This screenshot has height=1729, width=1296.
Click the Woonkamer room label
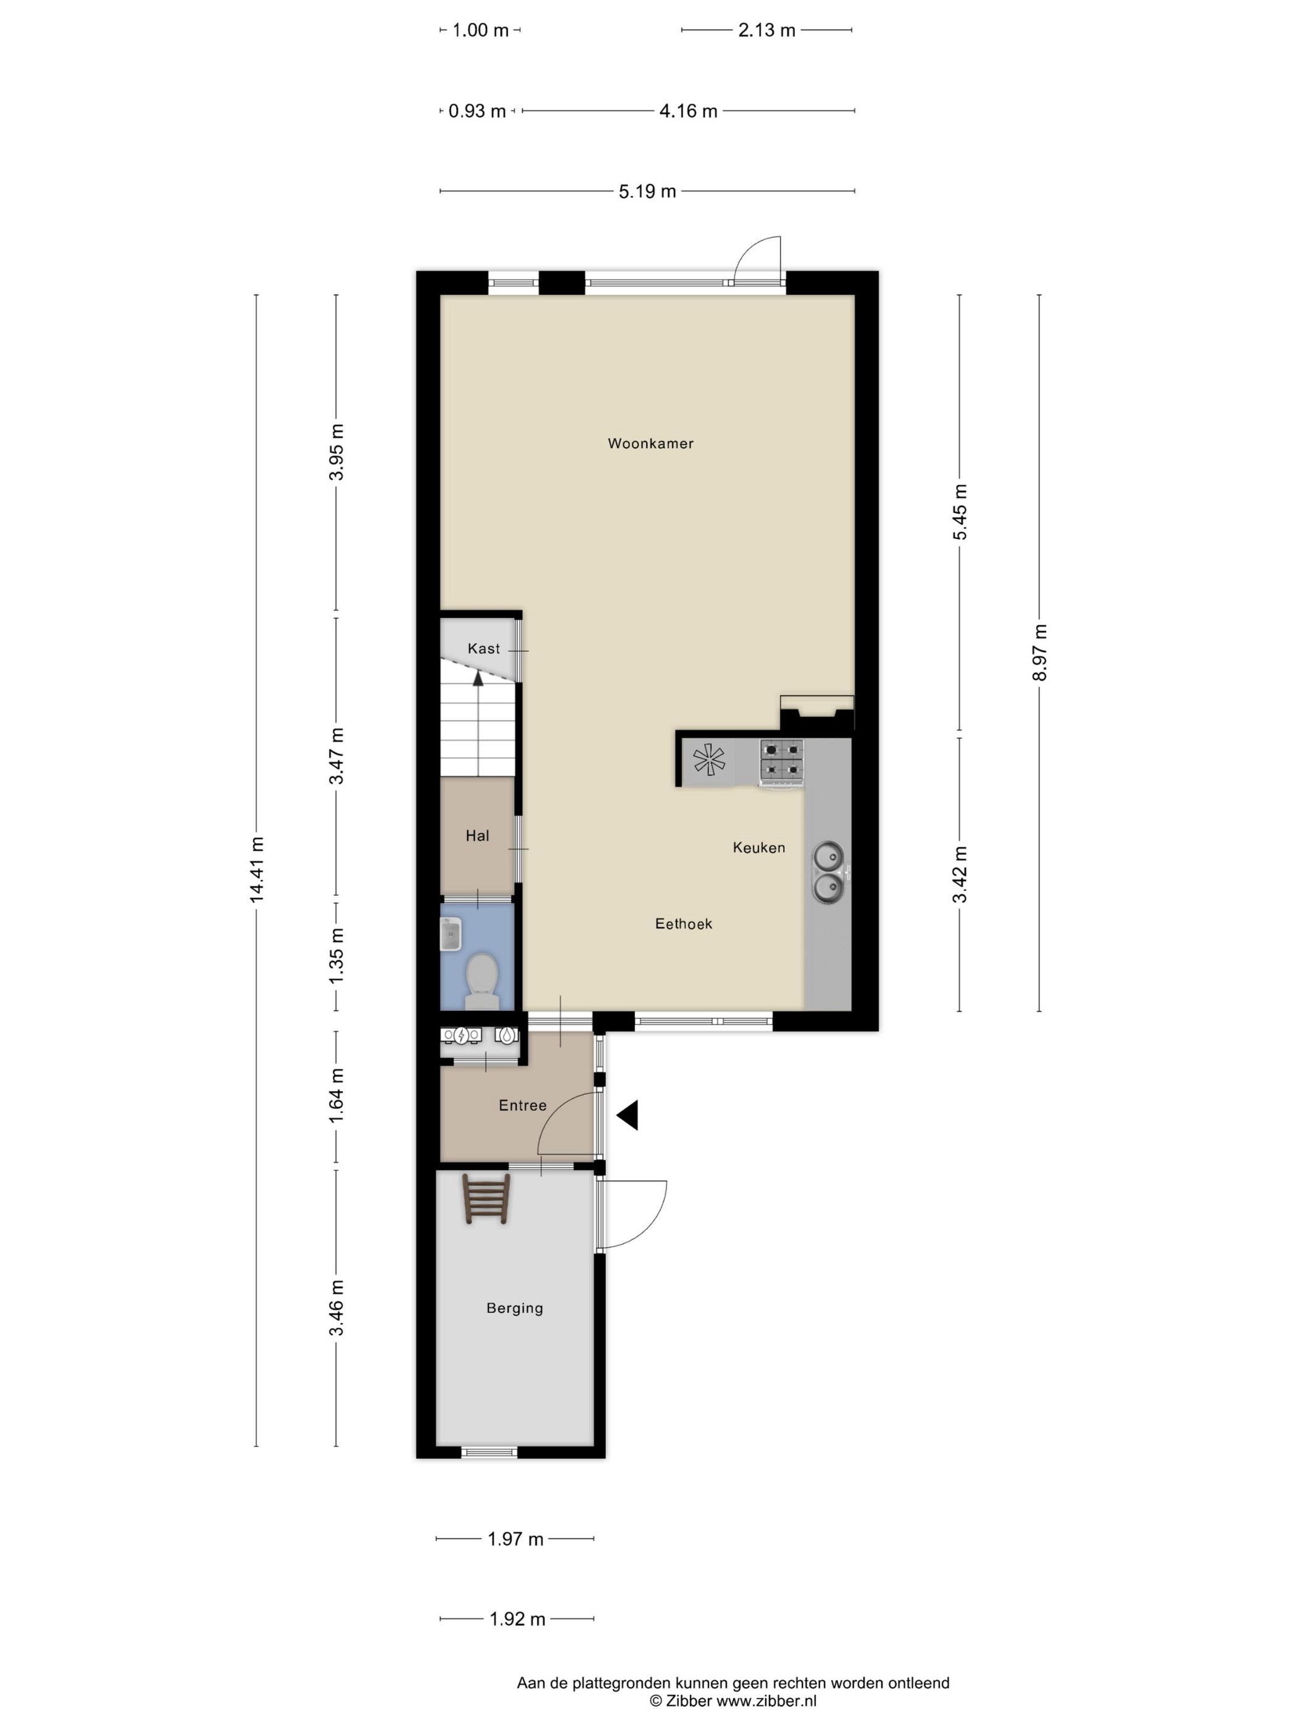(x=650, y=443)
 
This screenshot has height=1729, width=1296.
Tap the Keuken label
(x=758, y=847)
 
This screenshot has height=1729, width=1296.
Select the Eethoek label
(x=684, y=924)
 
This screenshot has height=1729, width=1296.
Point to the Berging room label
(x=514, y=1308)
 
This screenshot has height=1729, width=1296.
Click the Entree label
(x=523, y=1105)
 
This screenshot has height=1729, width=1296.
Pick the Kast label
(x=484, y=648)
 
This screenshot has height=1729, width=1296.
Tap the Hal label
(x=477, y=835)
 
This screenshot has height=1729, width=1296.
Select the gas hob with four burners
(x=782, y=761)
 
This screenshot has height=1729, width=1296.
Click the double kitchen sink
(x=829, y=873)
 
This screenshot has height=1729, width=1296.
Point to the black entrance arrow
(x=627, y=1115)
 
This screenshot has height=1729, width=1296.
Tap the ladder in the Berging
(x=486, y=1199)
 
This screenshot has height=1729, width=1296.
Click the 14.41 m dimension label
(x=257, y=870)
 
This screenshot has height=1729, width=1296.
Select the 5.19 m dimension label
(x=647, y=191)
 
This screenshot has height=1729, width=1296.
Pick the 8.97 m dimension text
(x=1040, y=653)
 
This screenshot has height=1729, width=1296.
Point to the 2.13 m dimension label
(x=767, y=30)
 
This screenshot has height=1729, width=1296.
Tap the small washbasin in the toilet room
(x=451, y=935)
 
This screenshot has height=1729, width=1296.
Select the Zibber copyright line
(x=734, y=1701)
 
